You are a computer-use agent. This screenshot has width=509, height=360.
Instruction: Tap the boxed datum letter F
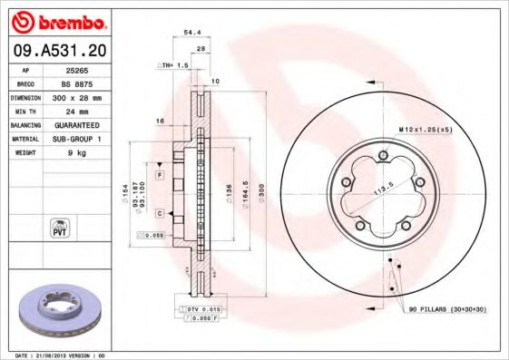coord(159,173)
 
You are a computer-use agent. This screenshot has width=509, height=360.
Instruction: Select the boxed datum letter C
coord(159,213)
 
